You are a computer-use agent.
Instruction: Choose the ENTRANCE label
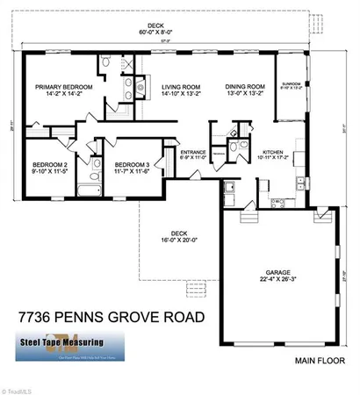point(193,152)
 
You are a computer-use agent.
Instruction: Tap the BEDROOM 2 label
point(50,164)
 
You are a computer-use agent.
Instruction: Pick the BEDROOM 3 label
point(126,164)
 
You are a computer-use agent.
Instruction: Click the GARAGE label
point(278,272)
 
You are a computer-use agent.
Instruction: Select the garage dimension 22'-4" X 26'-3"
point(278,280)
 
